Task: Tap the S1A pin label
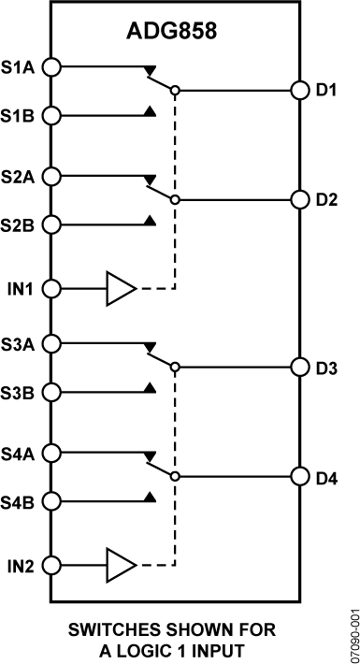coord(19,66)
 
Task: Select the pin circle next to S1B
coord(52,116)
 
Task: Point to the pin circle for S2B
coord(52,224)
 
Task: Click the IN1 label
coord(19,288)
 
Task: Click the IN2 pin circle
coord(52,565)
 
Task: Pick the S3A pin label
coord(19,343)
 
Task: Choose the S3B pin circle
coord(52,393)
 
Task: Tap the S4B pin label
coord(19,501)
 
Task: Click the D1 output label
coord(326,91)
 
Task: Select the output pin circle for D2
coord(299,200)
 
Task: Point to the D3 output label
coord(326,368)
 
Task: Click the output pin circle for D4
coord(299,477)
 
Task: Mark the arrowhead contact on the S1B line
coord(150,113)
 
